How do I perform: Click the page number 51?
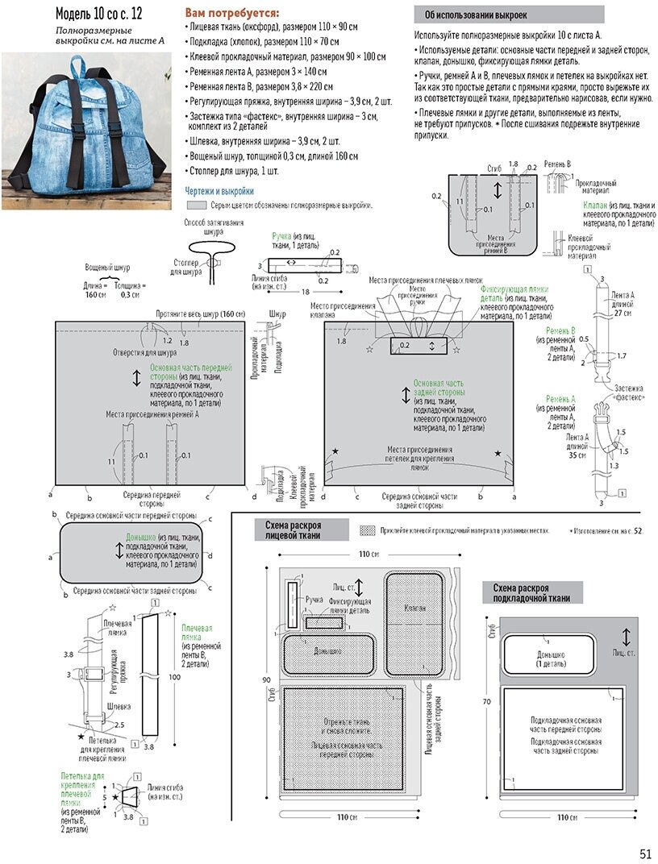[645, 854]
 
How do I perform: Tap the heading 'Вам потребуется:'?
[233, 13]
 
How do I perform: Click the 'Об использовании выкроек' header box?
[509, 15]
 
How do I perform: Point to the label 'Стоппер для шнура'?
[187, 267]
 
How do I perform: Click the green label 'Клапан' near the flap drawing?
[596, 206]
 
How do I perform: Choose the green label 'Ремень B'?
[560, 330]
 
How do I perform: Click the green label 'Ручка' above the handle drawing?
[281, 235]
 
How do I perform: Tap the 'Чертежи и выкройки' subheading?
[219, 191]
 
